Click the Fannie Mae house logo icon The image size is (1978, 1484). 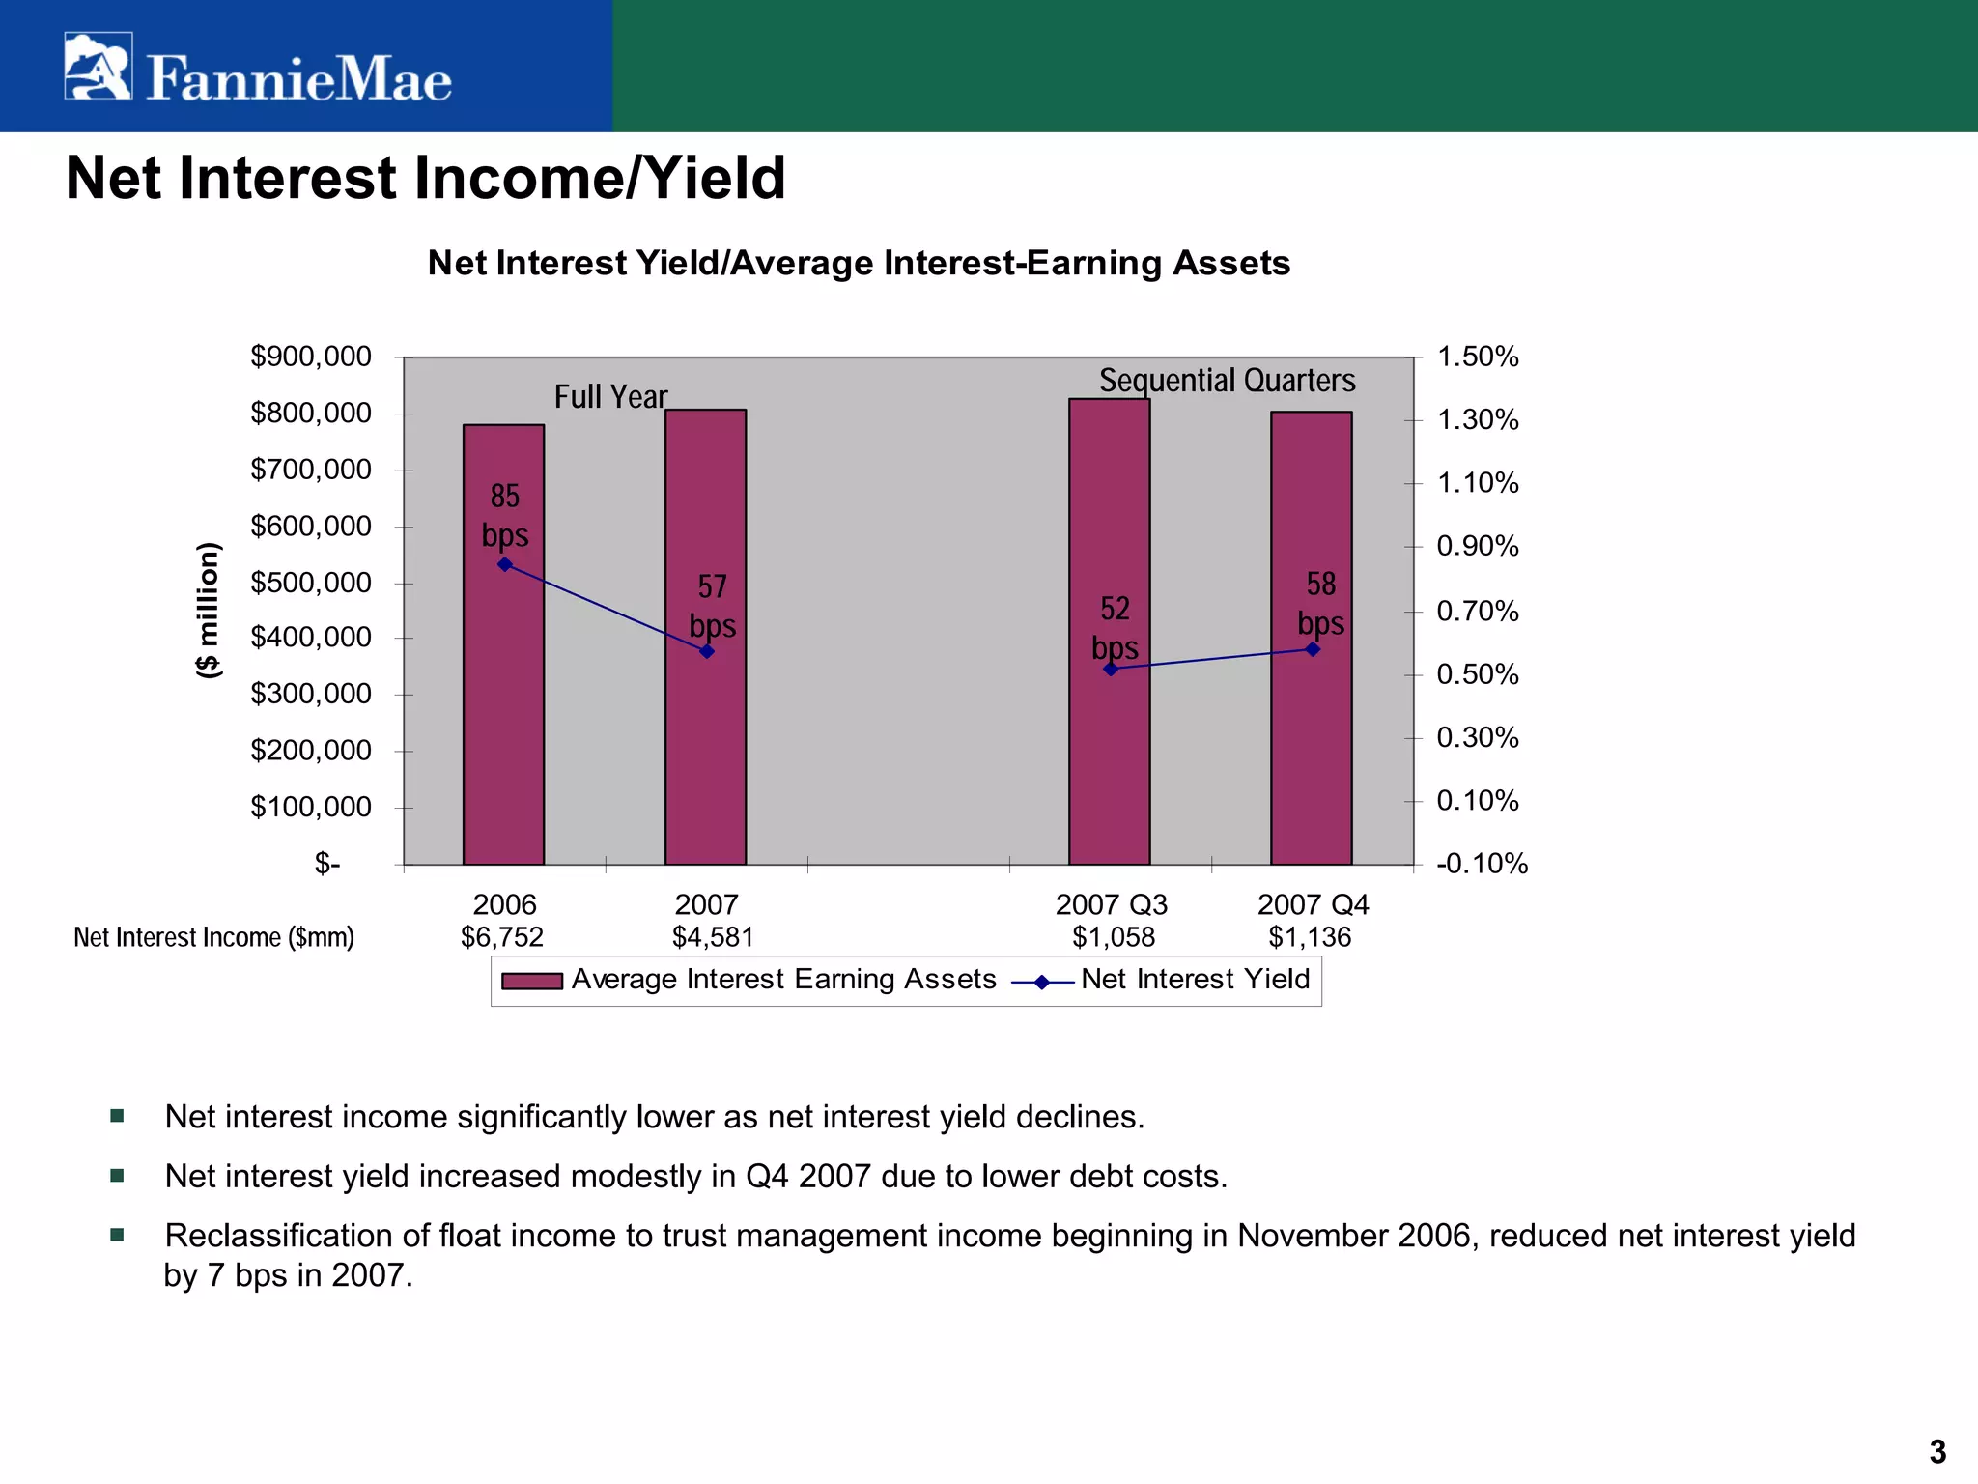click(x=98, y=66)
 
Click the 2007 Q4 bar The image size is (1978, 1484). click(x=1311, y=754)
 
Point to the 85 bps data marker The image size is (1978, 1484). click(x=504, y=564)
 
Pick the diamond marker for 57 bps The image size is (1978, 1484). click(x=707, y=651)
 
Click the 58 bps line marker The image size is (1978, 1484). click(x=1313, y=649)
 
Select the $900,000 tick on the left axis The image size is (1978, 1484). click(x=311, y=357)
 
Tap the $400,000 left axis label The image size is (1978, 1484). click(x=311, y=637)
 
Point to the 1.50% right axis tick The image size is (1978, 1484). click(x=1478, y=357)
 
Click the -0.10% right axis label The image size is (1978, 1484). click(x=1482, y=863)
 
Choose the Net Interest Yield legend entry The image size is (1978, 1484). click(x=1194, y=980)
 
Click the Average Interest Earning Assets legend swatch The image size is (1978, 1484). click(x=531, y=982)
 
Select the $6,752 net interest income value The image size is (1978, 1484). click(x=502, y=936)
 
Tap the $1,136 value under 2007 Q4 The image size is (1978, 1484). click(x=1310, y=936)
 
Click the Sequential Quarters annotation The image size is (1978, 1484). click(x=1227, y=381)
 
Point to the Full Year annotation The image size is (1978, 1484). click(x=610, y=397)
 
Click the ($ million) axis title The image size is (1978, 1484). click(x=208, y=610)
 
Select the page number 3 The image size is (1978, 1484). click(x=1937, y=1451)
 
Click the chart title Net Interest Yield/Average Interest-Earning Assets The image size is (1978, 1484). click(x=859, y=263)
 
